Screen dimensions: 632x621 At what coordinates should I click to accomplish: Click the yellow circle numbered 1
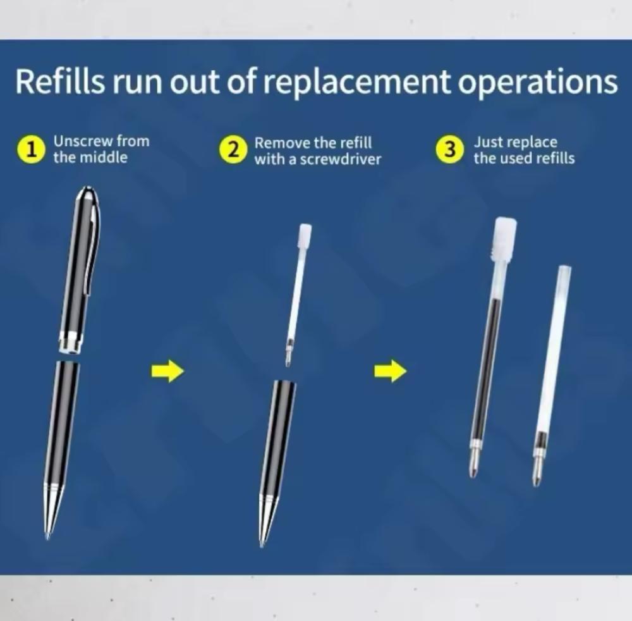point(30,150)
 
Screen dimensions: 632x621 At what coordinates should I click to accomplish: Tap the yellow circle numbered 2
point(232,150)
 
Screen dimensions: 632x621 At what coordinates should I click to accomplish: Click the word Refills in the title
point(59,81)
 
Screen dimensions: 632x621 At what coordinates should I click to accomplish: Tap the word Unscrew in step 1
point(83,141)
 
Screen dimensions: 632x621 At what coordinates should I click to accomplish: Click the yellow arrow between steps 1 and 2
point(168,371)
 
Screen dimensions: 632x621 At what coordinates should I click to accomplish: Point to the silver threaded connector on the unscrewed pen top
point(71,342)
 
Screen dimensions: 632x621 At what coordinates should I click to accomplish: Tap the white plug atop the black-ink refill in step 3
point(506,239)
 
